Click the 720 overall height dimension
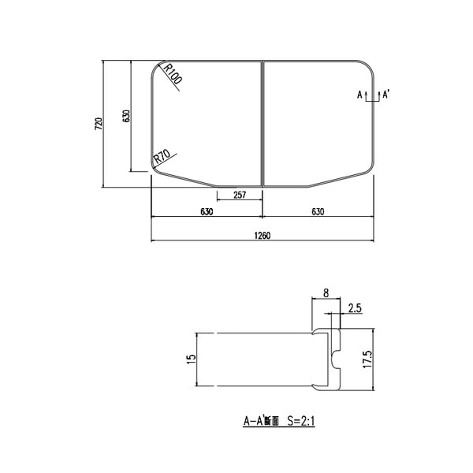[98, 124]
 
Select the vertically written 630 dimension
[125, 116]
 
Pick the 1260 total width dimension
[262, 235]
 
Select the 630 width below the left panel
[206, 211]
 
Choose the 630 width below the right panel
[318, 211]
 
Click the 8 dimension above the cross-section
[326, 293]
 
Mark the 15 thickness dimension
[190, 359]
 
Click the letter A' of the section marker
[387, 95]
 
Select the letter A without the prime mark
[359, 95]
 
